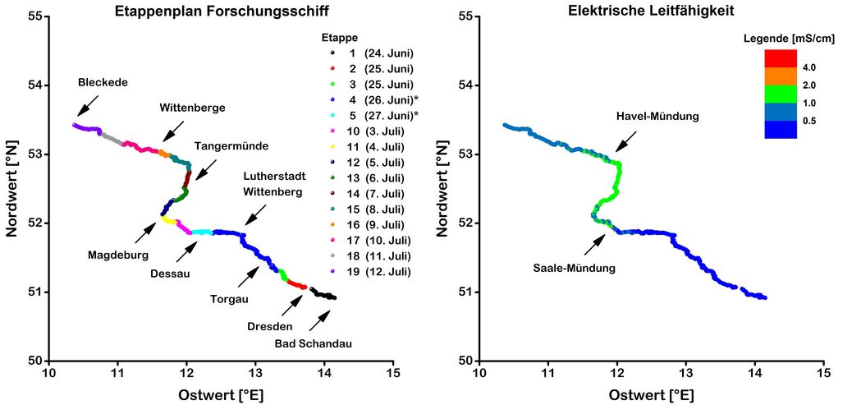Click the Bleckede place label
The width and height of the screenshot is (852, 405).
[103, 82]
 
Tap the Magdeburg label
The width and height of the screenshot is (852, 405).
[119, 255]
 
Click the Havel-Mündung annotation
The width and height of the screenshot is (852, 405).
[657, 117]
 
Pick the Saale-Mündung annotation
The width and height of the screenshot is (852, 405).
[574, 268]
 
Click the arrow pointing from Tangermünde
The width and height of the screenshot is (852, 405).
[205, 169]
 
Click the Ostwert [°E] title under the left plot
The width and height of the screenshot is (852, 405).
[221, 395]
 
